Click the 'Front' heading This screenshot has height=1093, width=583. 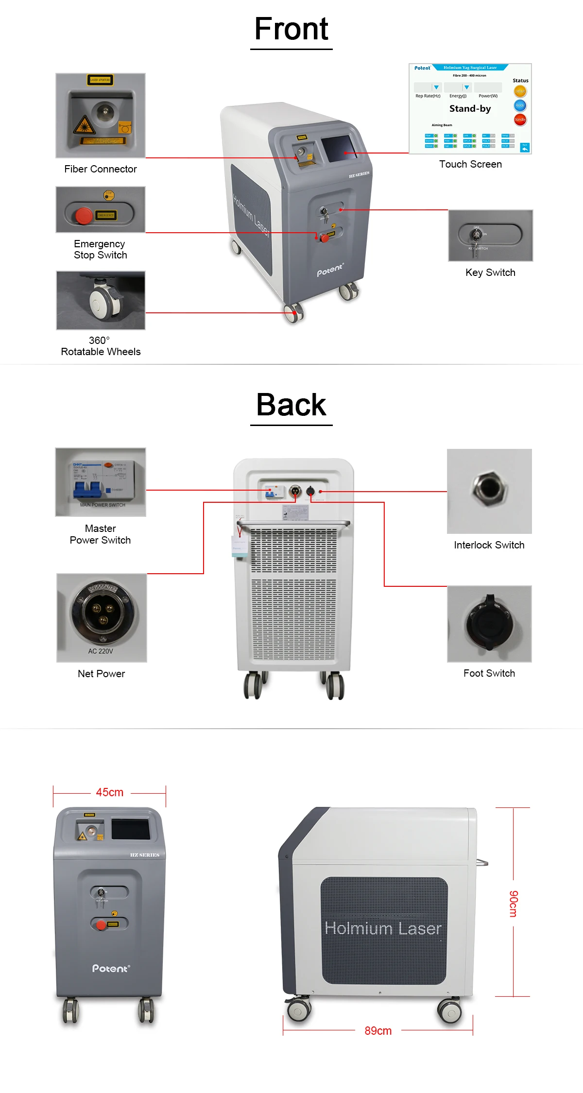(291, 29)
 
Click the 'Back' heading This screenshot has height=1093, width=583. (291, 405)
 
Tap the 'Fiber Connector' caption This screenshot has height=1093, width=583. (101, 169)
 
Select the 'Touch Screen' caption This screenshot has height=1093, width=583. (470, 164)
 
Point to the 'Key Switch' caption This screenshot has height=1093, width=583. (490, 273)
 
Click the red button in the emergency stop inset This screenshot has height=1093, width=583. (84, 215)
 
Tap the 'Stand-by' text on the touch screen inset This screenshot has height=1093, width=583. (470, 109)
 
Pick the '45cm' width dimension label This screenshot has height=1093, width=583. (110, 792)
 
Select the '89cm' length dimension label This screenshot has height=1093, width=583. (378, 1031)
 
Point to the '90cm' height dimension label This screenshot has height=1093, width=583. (514, 904)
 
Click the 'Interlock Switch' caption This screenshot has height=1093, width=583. (489, 545)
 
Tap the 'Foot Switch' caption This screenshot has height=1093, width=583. (489, 673)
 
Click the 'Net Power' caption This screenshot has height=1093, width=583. (101, 674)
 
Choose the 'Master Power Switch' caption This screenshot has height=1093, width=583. (101, 534)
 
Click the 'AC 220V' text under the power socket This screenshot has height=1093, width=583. (101, 651)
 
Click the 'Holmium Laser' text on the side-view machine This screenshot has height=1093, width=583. (383, 928)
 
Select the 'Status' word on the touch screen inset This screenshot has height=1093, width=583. (520, 81)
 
